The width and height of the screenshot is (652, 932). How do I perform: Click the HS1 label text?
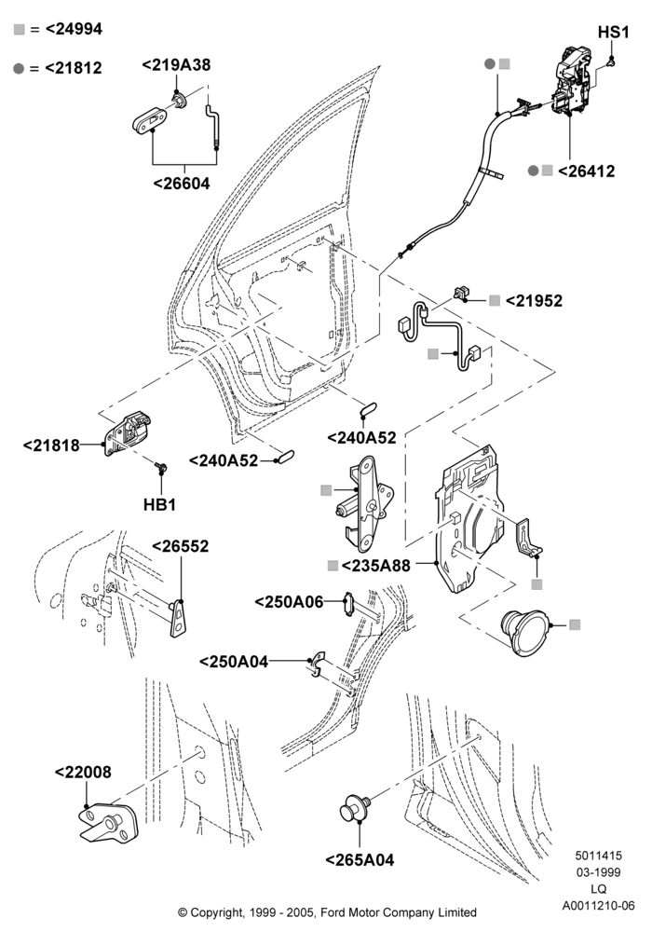pos(614,32)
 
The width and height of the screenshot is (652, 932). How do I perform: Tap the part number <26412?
pos(586,171)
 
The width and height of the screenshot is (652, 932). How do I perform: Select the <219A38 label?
pos(176,65)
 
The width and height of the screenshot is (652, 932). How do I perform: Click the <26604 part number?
pos(182,183)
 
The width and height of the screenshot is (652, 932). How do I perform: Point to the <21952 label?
pos(534,301)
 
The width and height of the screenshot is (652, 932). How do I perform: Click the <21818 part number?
pos(51,445)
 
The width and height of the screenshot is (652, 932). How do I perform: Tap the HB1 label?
pos(159,505)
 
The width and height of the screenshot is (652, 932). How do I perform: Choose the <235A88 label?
pos(376,566)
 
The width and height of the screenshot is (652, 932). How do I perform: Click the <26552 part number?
pos(181,546)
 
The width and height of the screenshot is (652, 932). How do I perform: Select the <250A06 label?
pos(289,602)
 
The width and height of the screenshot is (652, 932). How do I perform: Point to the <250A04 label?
pos(234,662)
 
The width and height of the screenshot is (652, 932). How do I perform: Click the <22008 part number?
pos(83,772)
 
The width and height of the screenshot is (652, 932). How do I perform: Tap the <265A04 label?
pos(360,860)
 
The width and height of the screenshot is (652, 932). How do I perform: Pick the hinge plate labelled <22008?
pos(108,823)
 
